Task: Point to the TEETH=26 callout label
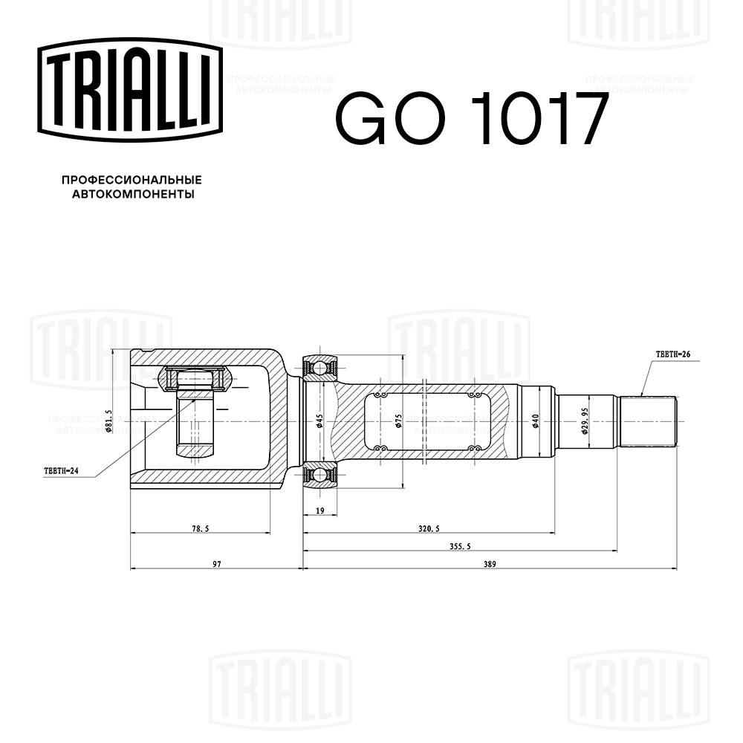tap(673, 355)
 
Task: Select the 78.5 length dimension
tap(199, 528)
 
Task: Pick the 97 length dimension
tap(217, 565)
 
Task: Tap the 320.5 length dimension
tap(429, 528)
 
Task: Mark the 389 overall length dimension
tap(489, 565)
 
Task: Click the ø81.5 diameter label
tap(108, 421)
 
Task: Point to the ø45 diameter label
tap(319, 421)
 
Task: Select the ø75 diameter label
tap(399, 421)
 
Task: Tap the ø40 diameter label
tap(534, 421)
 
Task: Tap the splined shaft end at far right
tap(648, 421)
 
